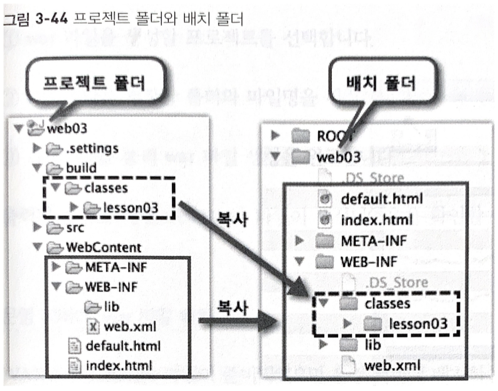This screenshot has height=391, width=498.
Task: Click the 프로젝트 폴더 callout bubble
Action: tap(92, 84)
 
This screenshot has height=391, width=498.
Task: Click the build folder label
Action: tap(81, 168)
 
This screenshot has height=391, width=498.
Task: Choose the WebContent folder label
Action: tap(103, 247)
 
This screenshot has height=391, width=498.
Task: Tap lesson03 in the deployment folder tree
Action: tap(418, 323)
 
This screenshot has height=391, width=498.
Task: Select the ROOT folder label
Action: tap(336, 135)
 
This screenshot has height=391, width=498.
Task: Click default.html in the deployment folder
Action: tap(382, 199)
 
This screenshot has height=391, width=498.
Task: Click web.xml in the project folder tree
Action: tap(130, 327)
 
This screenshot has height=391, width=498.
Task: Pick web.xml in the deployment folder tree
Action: tap(393, 365)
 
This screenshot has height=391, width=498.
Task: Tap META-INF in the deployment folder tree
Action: tap(374, 241)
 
